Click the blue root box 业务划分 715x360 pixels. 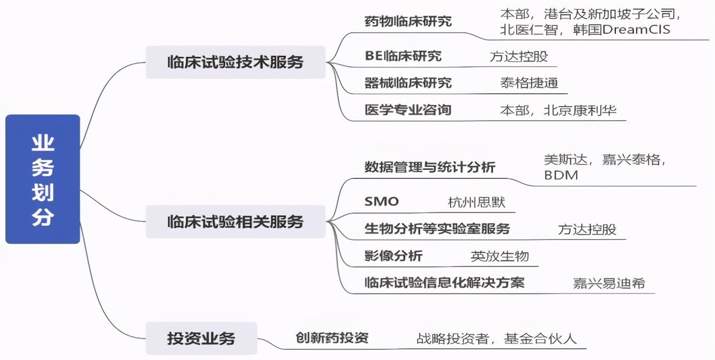coord(43,179)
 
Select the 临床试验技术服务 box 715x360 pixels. coord(236,62)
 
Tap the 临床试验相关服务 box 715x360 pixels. coord(236,221)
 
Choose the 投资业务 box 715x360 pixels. coord(202,338)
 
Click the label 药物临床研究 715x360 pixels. coord(408,21)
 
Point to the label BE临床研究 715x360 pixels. coord(403,56)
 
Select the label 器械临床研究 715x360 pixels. coord(408,83)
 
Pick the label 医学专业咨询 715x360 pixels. coord(408,110)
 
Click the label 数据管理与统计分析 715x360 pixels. coord(430,167)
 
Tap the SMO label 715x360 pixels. coord(382,201)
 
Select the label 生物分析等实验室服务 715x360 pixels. coord(437,229)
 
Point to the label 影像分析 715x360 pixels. coord(393,256)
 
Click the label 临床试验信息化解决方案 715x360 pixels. coord(444,282)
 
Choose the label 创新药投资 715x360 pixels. coord(332,337)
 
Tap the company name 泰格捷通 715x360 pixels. coord(529,83)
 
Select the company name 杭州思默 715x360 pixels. coord(476,202)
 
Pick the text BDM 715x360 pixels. coord(561,175)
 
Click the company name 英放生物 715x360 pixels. coord(500,256)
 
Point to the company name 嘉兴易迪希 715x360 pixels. coord(609,283)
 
